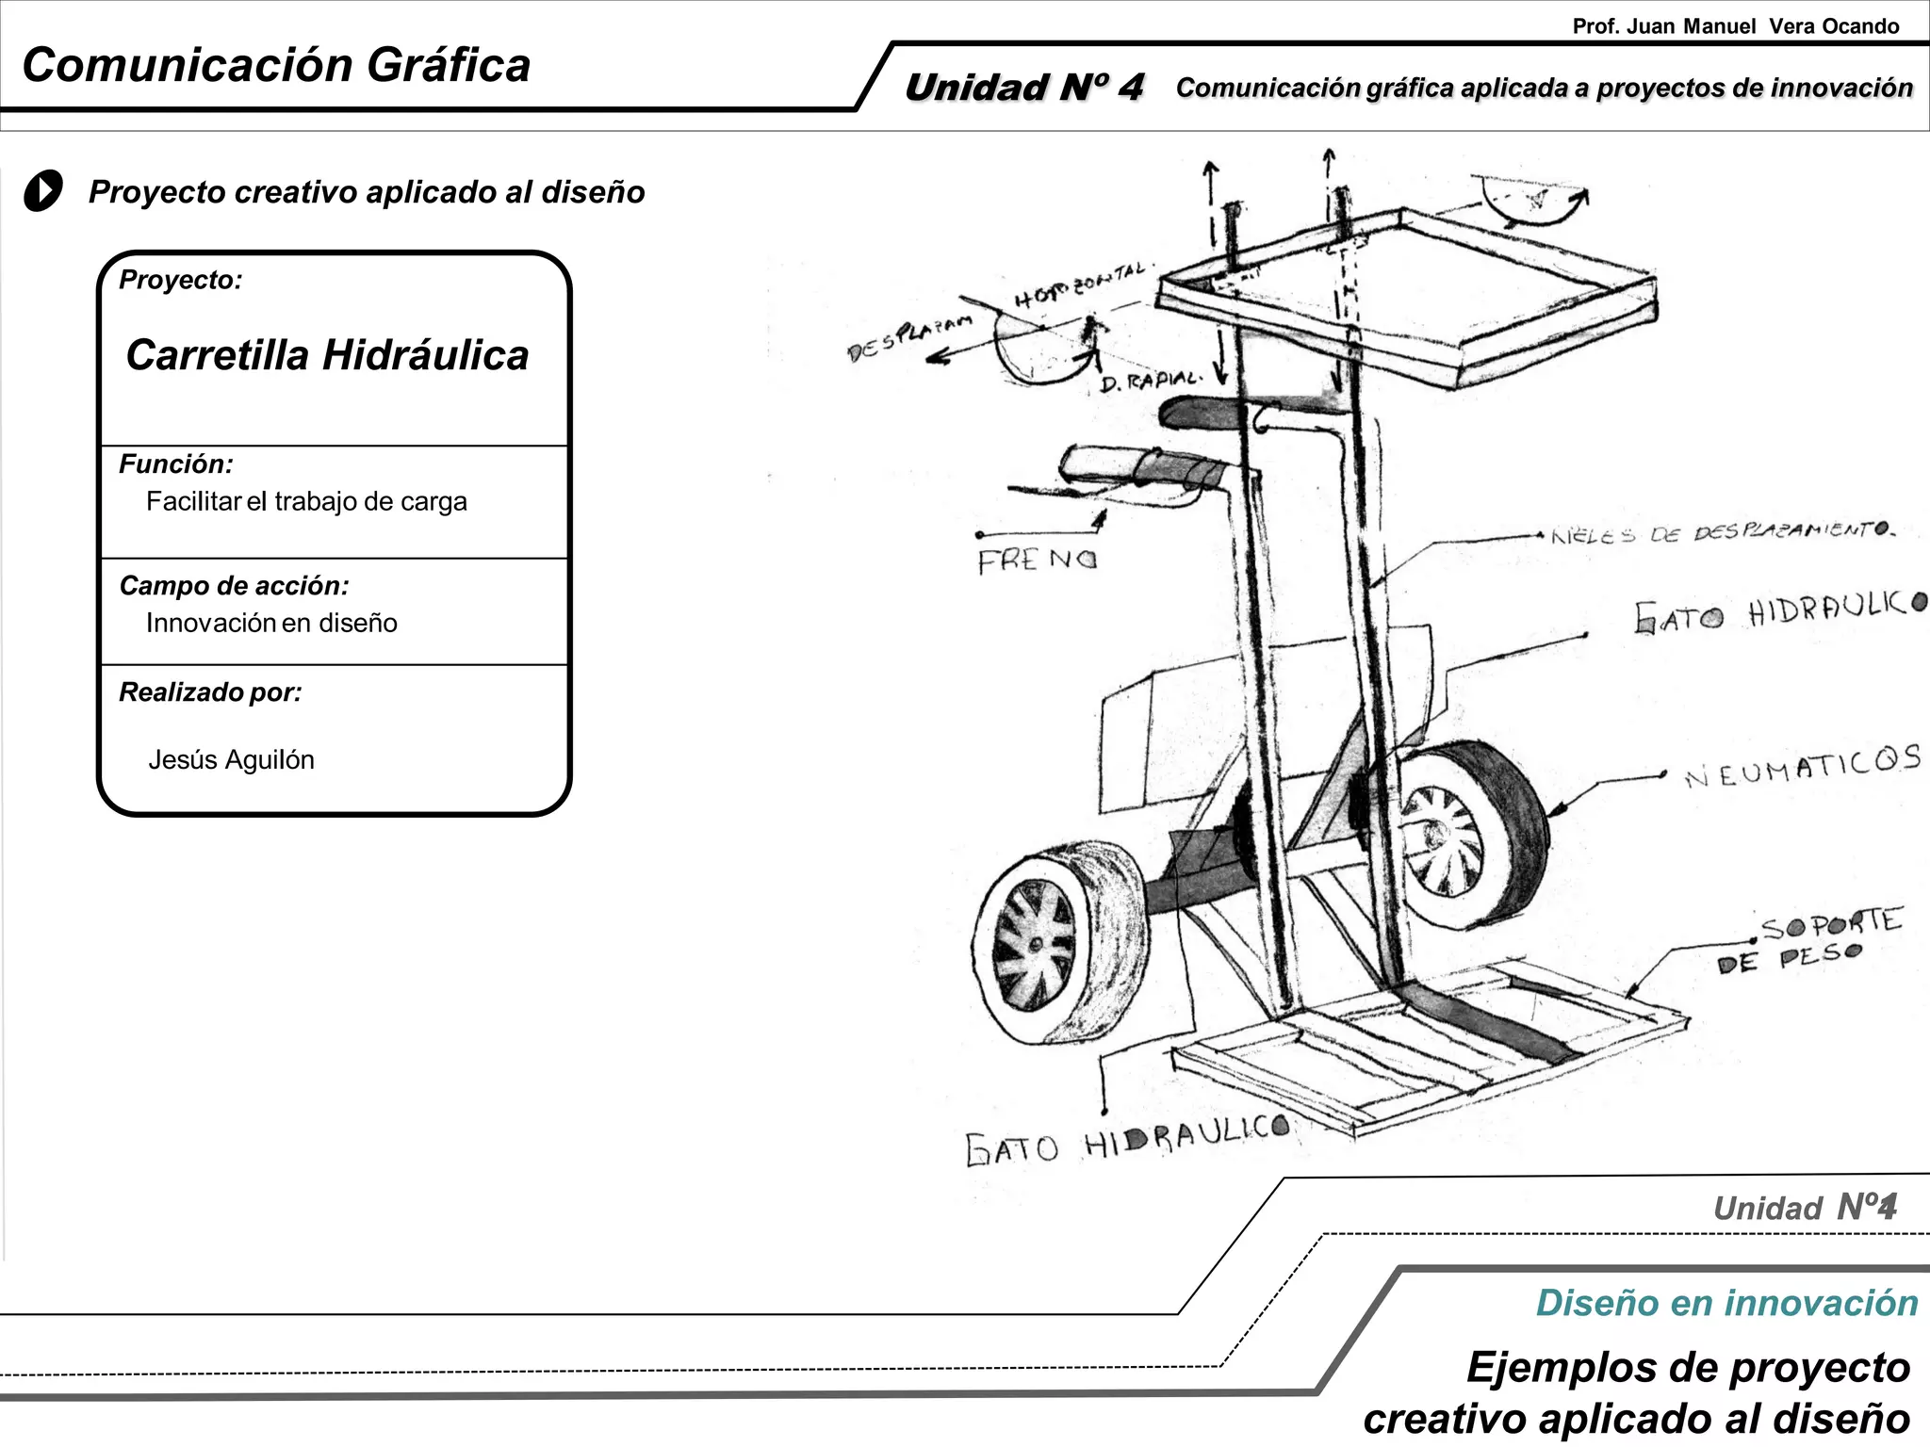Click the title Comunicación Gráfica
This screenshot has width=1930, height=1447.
pos(276,66)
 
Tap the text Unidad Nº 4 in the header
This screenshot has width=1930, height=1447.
pos(1023,88)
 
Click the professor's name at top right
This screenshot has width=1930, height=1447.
pos(1735,26)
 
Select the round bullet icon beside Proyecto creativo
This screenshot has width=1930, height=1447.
pos(43,191)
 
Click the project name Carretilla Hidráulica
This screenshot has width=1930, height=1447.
pos(327,355)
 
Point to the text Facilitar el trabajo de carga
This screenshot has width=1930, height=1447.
pos(306,501)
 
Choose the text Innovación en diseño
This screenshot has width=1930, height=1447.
pos(271,623)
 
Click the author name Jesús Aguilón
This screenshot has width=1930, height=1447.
pos(231,759)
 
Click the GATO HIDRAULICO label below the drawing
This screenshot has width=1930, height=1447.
pos(1127,1145)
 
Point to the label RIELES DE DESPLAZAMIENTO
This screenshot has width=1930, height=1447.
pos(1721,533)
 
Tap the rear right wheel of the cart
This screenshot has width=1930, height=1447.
pos(1470,834)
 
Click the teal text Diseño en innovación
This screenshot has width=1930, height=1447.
pos(1726,1303)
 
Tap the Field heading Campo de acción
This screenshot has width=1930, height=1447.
pos(234,586)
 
